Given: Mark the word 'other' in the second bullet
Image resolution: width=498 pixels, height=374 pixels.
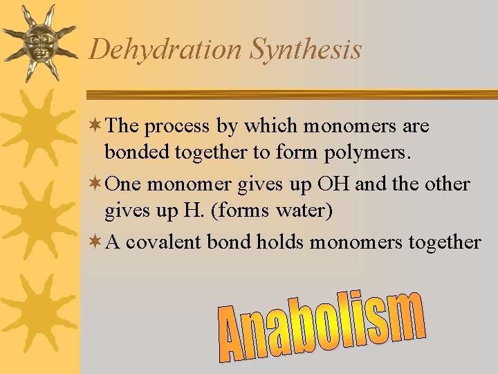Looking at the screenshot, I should (x=448, y=185).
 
